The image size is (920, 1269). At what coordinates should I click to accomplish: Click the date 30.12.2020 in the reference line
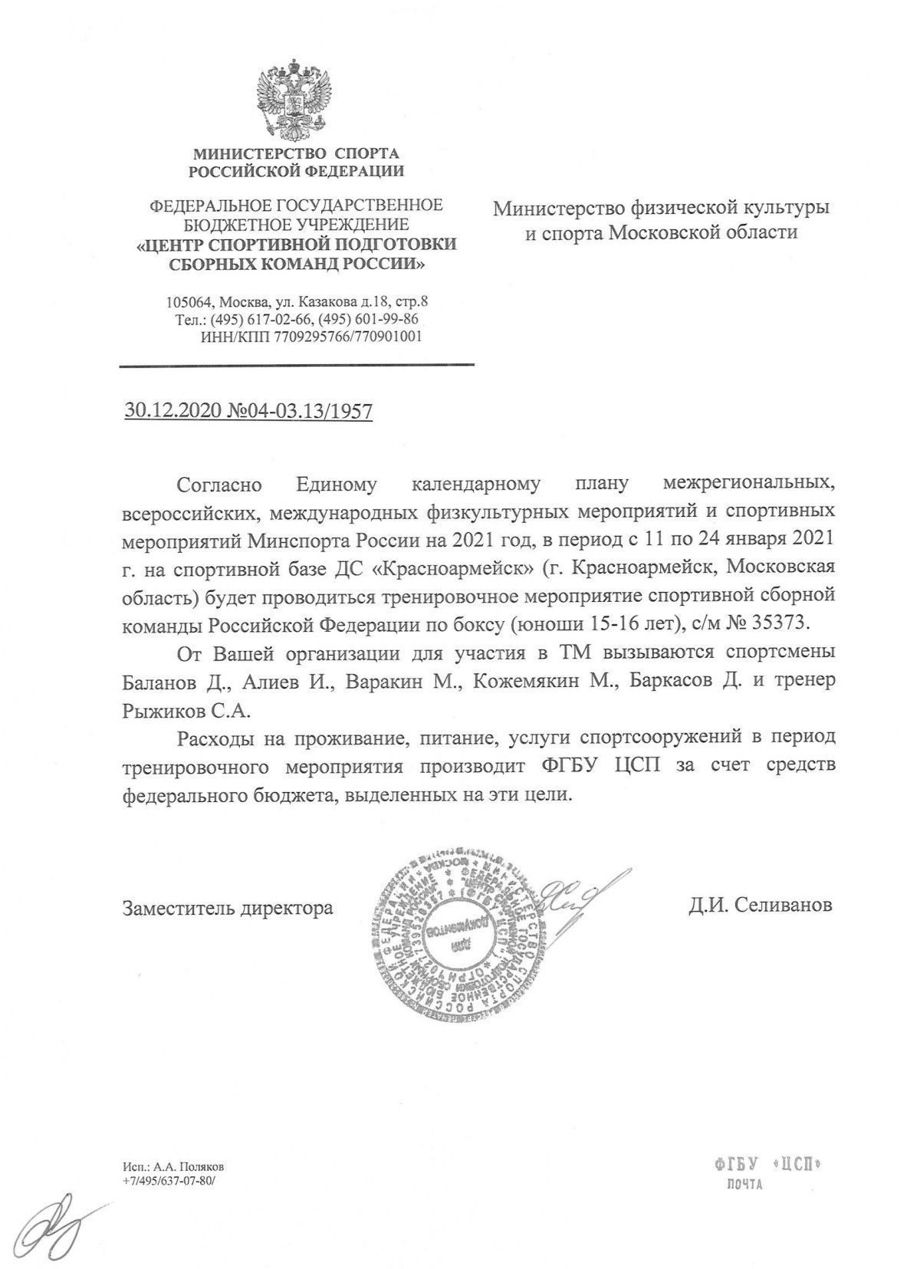(x=173, y=412)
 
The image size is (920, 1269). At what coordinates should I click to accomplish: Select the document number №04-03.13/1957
(x=300, y=412)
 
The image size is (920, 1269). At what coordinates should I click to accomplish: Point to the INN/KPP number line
(x=310, y=336)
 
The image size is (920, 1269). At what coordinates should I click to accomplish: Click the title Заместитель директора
(x=228, y=908)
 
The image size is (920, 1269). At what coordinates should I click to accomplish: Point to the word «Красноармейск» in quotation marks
(x=430, y=567)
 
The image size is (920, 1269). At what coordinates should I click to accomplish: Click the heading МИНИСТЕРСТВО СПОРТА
(x=296, y=153)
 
